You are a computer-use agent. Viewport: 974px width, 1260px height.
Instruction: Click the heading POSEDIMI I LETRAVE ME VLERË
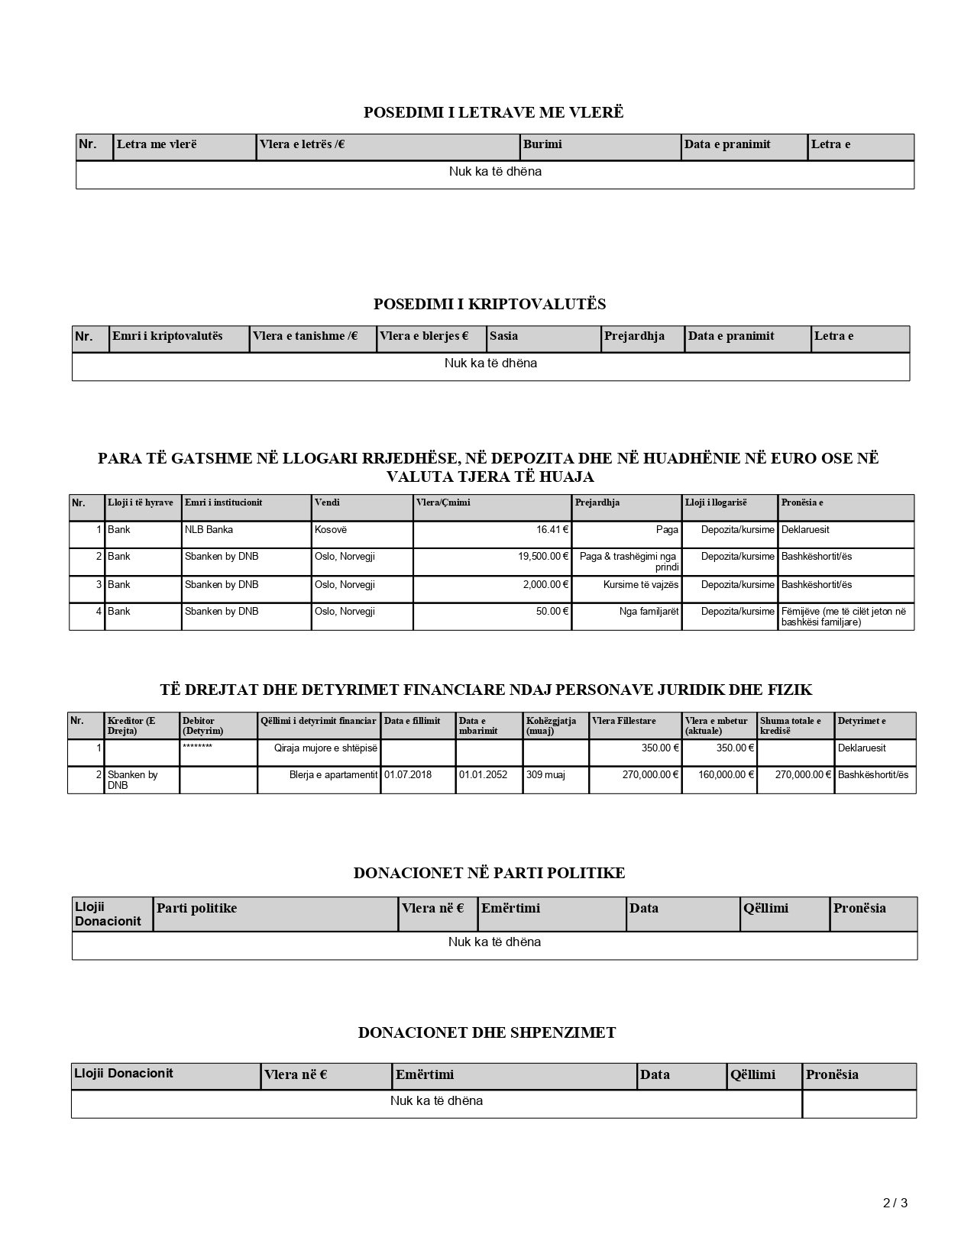pyautogui.click(x=493, y=112)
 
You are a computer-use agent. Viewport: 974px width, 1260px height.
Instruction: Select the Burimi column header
pyautogui.click(x=542, y=144)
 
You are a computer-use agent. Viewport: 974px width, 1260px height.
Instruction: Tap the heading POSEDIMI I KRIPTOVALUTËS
pyautogui.click(x=490, y=304)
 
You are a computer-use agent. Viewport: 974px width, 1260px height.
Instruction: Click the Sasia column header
pyautogui.click(x=504, y=336)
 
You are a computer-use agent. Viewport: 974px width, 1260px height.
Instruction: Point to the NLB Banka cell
pyautogui.click(x=209, y=530)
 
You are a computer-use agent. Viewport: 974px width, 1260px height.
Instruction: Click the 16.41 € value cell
pyautogui.click(x=552, y=530)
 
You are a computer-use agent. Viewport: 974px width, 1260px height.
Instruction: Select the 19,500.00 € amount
pyautogui.click(x=543, y=557)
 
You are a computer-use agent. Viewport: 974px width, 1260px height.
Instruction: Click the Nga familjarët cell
pyautogui.click(x=649, y=612)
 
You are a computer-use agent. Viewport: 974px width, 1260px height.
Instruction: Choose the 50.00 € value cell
pyautogui.click(x=552, y=612)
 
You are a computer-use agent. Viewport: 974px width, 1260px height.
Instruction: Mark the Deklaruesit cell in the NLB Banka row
pyautogui.click(x=805, y=530)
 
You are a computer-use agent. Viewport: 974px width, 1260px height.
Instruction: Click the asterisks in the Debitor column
pyautogui.click(x=197, y=746)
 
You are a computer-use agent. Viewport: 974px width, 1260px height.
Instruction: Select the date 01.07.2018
pyautogui.click(x=408, y=775)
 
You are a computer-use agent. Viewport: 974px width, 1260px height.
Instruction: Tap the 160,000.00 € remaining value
pyautogui.click(x=726, y=775)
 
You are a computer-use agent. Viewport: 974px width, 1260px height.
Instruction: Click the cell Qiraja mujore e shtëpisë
pyautogui.click(x=325, y=748)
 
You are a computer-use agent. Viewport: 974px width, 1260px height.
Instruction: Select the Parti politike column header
pyautogui.click(x=197, y=909)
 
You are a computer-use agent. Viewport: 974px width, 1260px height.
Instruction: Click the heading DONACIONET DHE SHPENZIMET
pyautogui.click(x=487, y=1032)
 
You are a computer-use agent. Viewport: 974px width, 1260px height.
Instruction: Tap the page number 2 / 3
pyautogui.click(x=895, y=1203)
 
